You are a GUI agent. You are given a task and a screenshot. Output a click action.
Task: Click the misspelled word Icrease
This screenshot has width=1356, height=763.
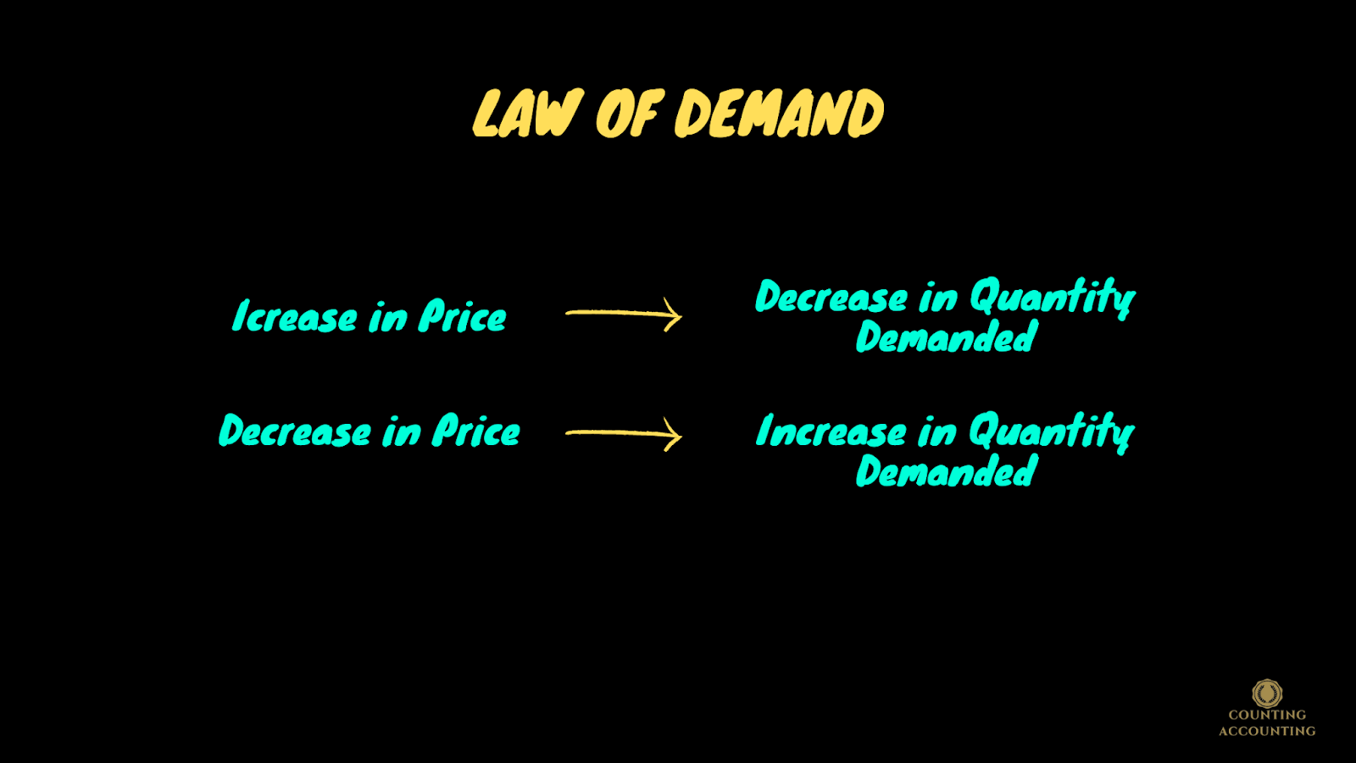pyautogui.click(x=295, y=317)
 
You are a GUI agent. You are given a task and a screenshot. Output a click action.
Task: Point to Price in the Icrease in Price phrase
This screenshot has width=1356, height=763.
pyautogui.click(x=463, y=317)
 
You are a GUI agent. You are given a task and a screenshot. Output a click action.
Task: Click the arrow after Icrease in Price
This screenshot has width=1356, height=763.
pyautogui.click(x=624, y=314)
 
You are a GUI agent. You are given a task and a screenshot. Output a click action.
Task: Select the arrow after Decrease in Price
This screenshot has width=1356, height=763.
pyautogui.click(x=624, y=433)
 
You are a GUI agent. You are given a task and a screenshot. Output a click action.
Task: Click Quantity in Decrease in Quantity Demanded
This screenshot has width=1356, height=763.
pyautogui.click(x=1052, y=298)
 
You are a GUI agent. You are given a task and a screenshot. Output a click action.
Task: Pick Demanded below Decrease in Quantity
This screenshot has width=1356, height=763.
pyautogui.click(x=947, y=337)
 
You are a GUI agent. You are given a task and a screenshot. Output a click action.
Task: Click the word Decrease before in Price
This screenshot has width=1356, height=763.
pyautogui.click(x=295, y=432)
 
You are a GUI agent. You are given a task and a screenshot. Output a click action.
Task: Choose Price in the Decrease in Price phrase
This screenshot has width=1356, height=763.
pyautogui.click(x=476, y=432)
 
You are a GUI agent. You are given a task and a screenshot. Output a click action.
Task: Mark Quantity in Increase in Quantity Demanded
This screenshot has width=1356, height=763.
pyautogui.click(x=1052, y=432)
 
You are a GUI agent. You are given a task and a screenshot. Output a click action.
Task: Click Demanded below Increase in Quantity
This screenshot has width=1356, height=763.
pyautogui.click(x=947, y=471)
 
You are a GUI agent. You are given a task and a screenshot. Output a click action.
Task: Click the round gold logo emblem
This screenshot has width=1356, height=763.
pyautogui.click(x=1267, y=693)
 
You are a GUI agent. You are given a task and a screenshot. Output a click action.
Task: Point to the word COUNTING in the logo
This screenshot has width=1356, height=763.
pyautogui.click(x=1267, y=715)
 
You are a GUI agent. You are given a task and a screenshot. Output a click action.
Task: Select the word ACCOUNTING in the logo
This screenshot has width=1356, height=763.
pyautogui.click(x=1267, y=731)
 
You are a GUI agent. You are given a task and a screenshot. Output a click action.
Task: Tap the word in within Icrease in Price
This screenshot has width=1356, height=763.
pyautogui.click(x=388, y=319)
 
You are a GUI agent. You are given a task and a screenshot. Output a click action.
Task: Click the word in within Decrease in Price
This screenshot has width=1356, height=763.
pyautogui.click(x=402, y=433)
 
